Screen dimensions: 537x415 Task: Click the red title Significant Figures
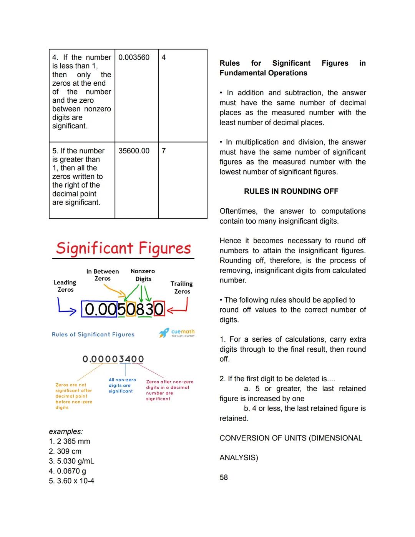pyautogui.click(x=123, y=248)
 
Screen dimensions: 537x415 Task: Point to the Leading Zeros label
pyautogui.click(x=65, y=286)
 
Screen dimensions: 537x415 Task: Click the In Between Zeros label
pyautogui.click(x=103, y=275)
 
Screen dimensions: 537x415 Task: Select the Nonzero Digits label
pyautogui.click(x=143, y=275)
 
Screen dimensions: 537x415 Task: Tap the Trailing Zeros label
pyautogui.click(x=182, y=288)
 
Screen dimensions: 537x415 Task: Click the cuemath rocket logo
pyautogui.click(x=164, y=333)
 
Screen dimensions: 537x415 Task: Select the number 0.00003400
pyautogui.click(x=113, y=359)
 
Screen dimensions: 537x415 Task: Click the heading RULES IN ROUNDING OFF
pyautogui.click(x=291, y=191)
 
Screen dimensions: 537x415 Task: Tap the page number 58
pyautogui.click(x=224, y=477)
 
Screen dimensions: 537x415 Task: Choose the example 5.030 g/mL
pyautogui.click(x=71, y=461)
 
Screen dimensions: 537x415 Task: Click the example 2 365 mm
pyautogui.click(x=70, y=441)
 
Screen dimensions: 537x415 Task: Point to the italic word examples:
pyautogui.click(x=66, y=432)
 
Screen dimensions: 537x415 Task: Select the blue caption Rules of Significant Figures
pyautogui.click(x=93, y=334)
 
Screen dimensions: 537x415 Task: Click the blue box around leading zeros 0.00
pyautogui.click(x=99, y=309)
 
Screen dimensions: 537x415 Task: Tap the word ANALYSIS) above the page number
pyautogui.click(x=239, y=458)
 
